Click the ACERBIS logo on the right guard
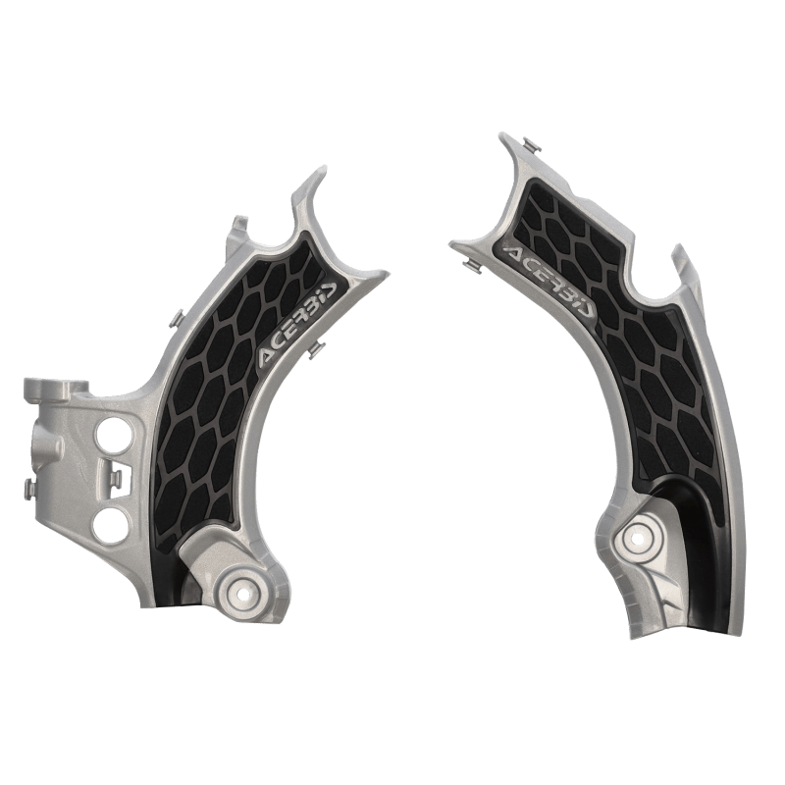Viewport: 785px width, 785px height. (x=549, y=280)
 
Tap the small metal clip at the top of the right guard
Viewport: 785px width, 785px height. (x=531, y=144)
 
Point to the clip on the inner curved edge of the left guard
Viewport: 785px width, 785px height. (x=315, y=349)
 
